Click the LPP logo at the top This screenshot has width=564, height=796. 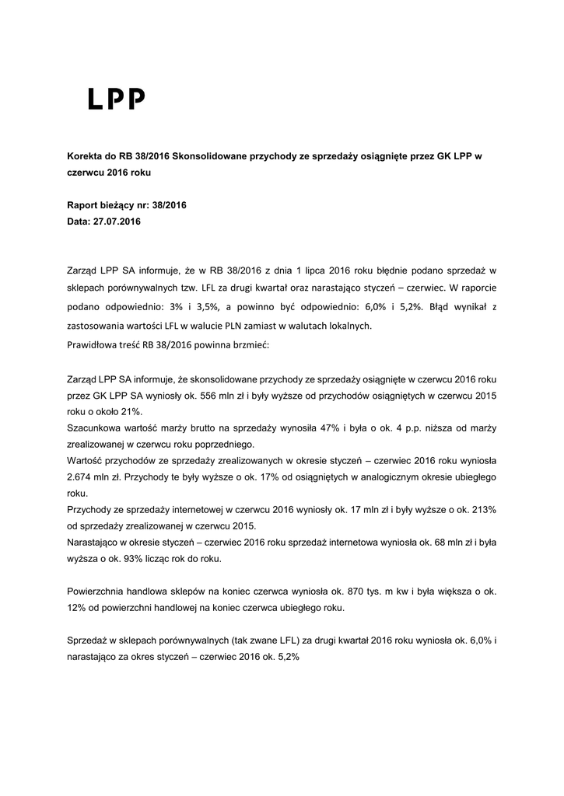coord(116,99)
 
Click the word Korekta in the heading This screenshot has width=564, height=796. coord(86,156)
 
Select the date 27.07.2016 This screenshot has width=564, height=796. coord(119,222)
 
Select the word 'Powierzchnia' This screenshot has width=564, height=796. coord(98,591)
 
